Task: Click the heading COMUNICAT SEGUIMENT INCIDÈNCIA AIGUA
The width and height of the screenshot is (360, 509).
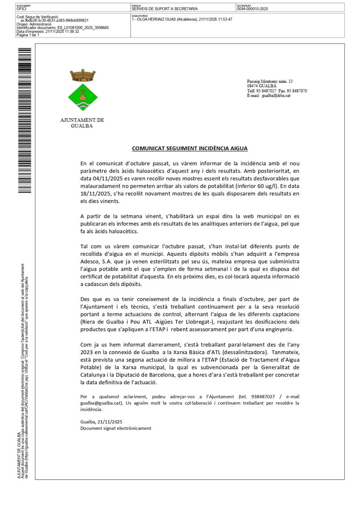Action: [189, 148]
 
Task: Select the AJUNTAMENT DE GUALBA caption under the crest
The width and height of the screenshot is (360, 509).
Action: [82, 123]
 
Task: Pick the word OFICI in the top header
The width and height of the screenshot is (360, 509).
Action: [22, 8]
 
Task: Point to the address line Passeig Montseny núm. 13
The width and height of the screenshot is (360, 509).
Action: [270, 81]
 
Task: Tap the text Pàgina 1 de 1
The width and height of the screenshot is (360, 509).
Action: [28, 35]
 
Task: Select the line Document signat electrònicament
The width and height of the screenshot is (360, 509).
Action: [115, 428]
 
